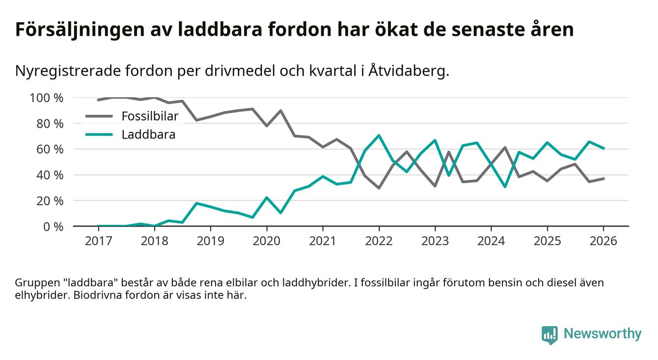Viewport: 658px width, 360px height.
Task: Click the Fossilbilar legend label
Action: pyautogui.click(x=150, y=116)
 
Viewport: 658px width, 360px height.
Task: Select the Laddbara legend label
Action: pyautogui.click(x=148, y=134)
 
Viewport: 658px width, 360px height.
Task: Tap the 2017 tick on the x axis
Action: pyautogui.click(x=98, y=242)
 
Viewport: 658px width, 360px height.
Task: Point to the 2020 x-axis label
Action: pyautogui.click(x=267, y=242)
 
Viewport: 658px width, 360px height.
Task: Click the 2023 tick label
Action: pyautogui.click(x=435, y=242)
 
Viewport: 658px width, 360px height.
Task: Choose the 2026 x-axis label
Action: pyautogui.click(x=603, y=242)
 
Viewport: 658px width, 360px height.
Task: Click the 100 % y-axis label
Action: pyautogui.click(x=47, y=98)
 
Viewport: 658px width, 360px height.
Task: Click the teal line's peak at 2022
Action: pyautogui.click(x=379, y=135)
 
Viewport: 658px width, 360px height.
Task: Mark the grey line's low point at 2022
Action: pyautogui.click(x=379, y=188)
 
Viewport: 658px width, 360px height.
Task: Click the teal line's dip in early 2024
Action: pyautogui.click(x=505, y=187)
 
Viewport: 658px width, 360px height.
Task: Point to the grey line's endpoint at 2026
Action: pyautogui.click(x=603, y=178)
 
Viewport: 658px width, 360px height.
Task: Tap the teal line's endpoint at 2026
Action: pyautogui.click(x=603, y=148)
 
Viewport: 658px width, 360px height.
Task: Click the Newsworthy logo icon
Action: pyautogui.click(x=549, y=334)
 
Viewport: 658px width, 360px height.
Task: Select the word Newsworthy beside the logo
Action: pyautogui.click(x=602, y=334)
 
